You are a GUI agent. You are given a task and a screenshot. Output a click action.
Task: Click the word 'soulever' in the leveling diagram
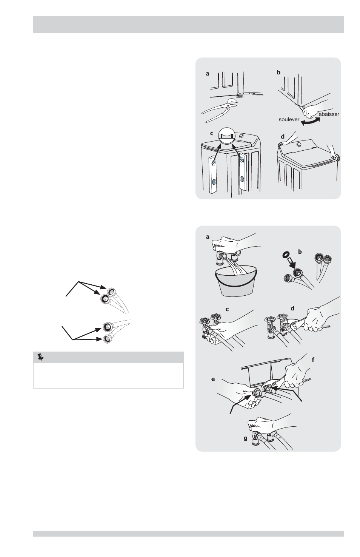point(289,120)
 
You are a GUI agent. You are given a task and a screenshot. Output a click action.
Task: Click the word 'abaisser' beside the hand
point(329,114)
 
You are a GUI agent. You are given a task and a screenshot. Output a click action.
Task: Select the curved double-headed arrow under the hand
point(310,122)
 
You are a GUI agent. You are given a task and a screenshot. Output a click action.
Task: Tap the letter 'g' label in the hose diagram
point(245,439)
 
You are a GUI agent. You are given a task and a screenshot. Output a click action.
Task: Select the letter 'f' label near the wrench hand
point(313,360)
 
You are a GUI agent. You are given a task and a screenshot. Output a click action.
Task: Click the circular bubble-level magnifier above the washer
point(226,136)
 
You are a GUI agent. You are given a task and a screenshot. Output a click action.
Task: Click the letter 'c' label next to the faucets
point(227,310)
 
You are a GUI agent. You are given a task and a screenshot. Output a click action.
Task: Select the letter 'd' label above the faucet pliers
point(292,309)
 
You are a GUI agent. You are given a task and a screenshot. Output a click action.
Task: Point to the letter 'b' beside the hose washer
point(300,252)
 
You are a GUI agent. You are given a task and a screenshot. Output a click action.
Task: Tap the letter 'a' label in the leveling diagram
point(208,74)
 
